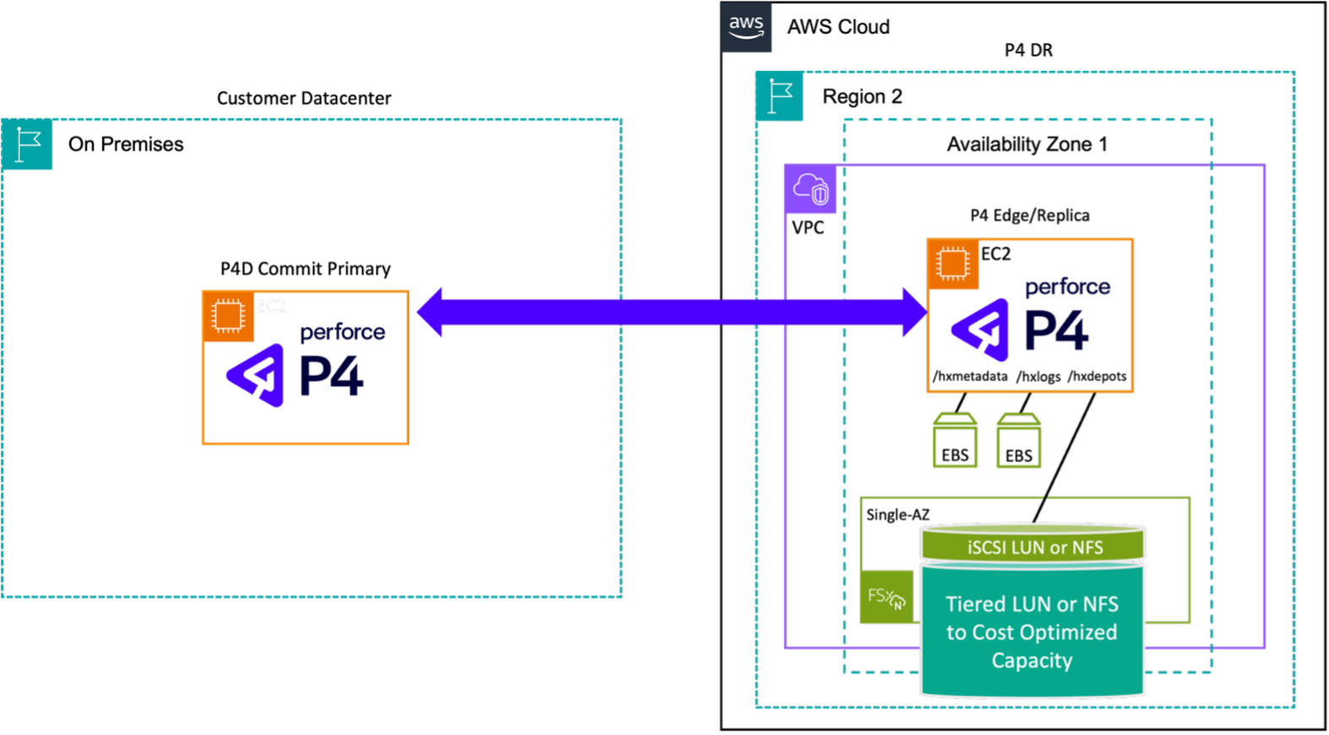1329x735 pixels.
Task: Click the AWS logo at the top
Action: [746, 27]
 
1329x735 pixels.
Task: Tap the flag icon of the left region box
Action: [28, 145]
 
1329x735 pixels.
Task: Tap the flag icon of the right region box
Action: [780, 96]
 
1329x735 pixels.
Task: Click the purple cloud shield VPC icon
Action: [810, 189]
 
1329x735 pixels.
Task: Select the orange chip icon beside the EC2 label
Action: [228, 316]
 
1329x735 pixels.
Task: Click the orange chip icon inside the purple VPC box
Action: [953, 264]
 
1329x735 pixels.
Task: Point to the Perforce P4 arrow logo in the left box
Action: [255, 375]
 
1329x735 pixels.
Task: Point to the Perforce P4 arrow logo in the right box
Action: [980, 329]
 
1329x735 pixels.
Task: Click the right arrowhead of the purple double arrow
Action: [914, 312]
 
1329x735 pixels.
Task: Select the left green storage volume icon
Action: [955, 440]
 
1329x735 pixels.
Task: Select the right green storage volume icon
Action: [1018, 440]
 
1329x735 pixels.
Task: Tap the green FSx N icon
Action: [886, 597]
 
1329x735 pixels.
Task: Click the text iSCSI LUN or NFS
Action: [1035, 547]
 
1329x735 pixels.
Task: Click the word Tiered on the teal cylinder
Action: [975, 604]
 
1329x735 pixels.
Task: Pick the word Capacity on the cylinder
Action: [1032, 660]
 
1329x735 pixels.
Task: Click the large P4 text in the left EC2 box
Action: [332, 376]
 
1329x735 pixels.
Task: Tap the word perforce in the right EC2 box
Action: [1067, 287]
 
